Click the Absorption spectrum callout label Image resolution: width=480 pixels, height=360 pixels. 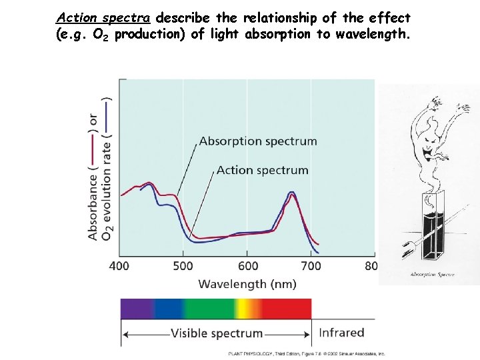[x=257, y=141]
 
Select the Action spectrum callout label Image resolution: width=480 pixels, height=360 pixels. [x=262, y=170]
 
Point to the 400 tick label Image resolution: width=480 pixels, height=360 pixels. [x=119, y=267]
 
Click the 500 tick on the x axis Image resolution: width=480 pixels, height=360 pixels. [x=183, y=267]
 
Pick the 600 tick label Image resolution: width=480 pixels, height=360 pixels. [x=247, y=267]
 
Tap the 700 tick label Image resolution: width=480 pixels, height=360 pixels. [x=311, y=267]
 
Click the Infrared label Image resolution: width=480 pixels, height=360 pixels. [x=341, y=333]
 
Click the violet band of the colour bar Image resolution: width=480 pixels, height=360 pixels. [x=136, y=308]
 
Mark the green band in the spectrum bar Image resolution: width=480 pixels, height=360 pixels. [x=209, y=308]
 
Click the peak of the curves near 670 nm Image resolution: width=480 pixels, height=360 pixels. [x=291, y=194]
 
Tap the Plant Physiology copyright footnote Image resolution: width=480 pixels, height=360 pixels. [x=306, y=354]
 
